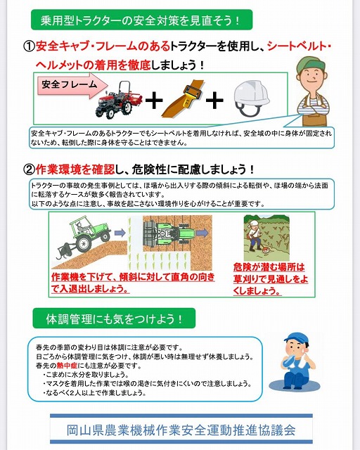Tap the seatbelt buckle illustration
(x=183, y=99)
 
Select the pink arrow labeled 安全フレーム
(x=72, y=85)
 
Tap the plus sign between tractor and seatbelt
(x=154, y=101)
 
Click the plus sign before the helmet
(x=214, y=101)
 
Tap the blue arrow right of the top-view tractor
(x=203, y=233)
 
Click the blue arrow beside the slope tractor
(x=120, y=233)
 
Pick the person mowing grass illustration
(x=256, y=236)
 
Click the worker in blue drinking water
(x=296, y=362)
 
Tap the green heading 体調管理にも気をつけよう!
(x=114, y=319)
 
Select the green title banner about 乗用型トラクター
(x=141, y=20)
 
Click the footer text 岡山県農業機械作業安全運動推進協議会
(x=181, y=430)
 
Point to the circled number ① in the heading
(x=29, y=46)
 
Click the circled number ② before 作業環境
(x=29, y=169)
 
